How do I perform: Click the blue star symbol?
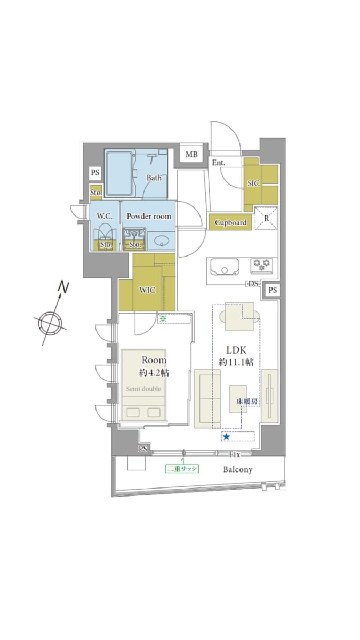click(x=226, y=437)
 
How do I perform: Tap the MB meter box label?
click(x=191, y=155)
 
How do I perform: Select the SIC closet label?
click(x=253, y=183)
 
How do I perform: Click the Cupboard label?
click(x=230, y=222)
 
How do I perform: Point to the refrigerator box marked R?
click(x=266, y=218)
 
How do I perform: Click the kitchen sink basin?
click(x=225, y=267)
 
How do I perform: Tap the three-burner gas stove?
click(x=262, y=266)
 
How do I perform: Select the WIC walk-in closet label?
click(x=147, y=290)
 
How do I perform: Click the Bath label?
click(x=154, y=178)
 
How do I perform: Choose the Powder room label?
click(x=149, y=217)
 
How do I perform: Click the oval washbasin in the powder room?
click(x=162, y=242)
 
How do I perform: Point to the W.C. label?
click(x=105, y=217)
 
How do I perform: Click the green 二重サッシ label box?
click(x=182, y=469)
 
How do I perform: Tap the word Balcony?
click(x=238, y=470)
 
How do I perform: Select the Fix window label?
click(x=235, y=454)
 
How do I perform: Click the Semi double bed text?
click(x=143, y=389)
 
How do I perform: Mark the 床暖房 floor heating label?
click(x=247, y=402)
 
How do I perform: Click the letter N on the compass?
click(x=63, y=287)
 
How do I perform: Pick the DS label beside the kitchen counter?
click(x=253, y=284)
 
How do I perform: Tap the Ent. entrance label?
click(x=218, y=163)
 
